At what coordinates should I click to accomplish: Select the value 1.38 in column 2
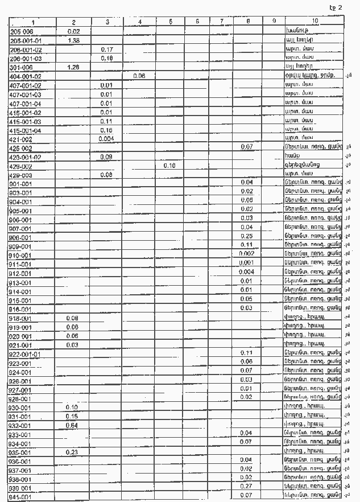coord(73,40)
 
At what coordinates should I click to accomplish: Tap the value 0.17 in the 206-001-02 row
coord(106,49)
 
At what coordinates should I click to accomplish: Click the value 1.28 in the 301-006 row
coord(73,67)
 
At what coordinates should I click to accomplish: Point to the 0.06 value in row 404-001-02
coord(139,76)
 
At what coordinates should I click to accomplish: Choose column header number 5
coord(171,22)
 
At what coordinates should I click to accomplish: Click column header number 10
coord(315,22)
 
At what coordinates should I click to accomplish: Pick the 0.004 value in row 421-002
coord(106,138)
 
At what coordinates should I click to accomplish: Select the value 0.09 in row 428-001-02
coord(106,156)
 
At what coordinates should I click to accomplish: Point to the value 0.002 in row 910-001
coord(246,253)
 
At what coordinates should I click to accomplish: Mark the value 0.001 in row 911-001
coord(246,262)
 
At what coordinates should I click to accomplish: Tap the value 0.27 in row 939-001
coord(246,486)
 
